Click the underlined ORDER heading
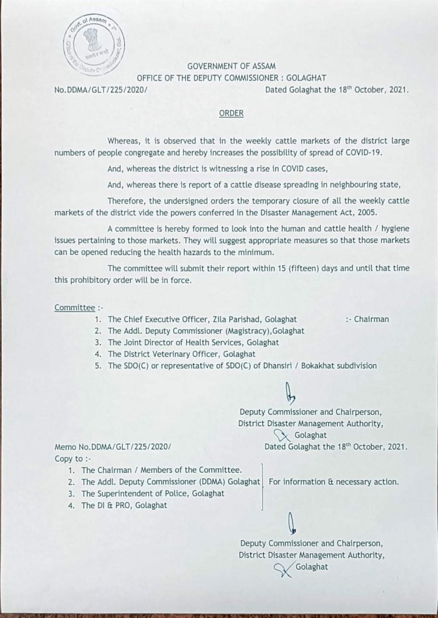pos(231,113)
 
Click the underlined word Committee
pos(74,307)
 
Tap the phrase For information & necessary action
pos(333,482)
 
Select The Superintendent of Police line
pos(153,493)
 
